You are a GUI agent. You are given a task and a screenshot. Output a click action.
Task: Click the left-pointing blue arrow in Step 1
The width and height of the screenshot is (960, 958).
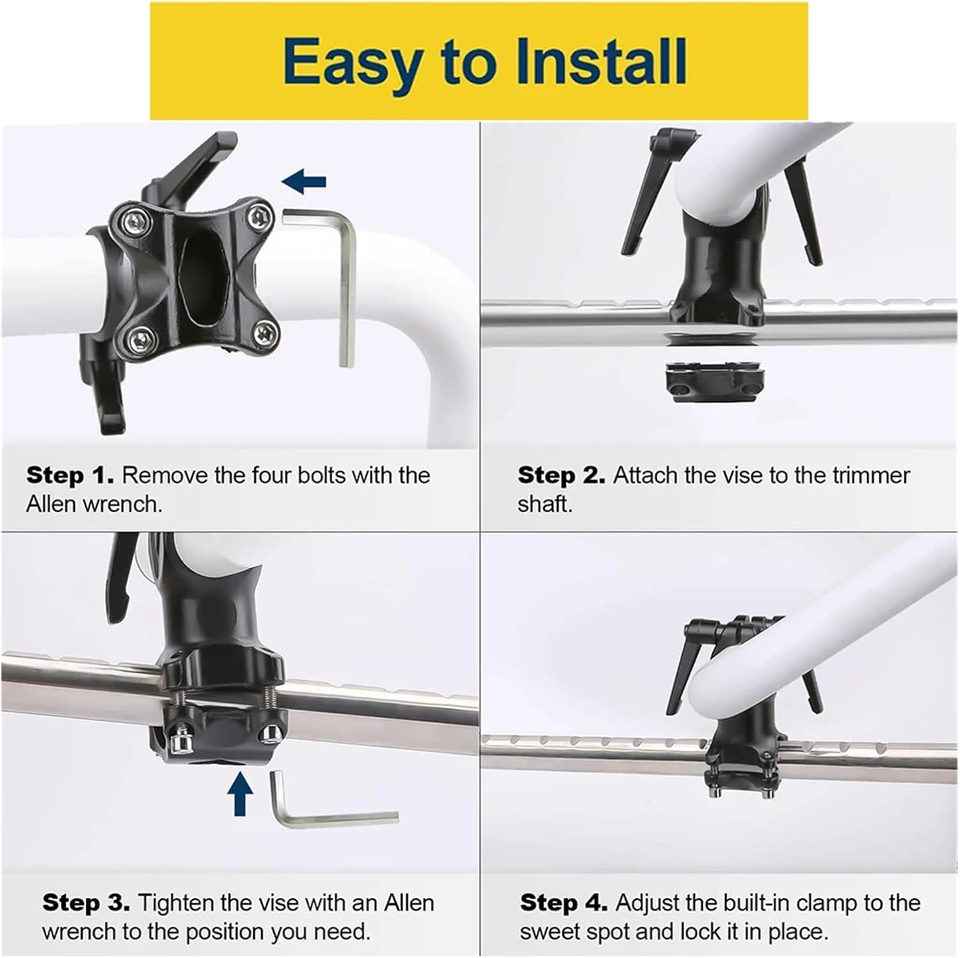pyautogui.click(x=305, y=182)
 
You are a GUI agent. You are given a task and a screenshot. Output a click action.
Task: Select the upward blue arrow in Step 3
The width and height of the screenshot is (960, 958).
pyautogui.click(x=241, y=792)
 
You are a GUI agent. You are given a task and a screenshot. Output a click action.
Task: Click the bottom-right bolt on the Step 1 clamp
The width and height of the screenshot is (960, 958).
pyautogui.click(x=264, y=333)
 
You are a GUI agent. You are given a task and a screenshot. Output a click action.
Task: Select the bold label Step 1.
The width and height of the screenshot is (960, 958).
pyautogui.click(x=69, y=475)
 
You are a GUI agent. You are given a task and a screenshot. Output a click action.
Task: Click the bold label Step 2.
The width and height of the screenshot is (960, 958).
pyautogui.click(x=561, y=475)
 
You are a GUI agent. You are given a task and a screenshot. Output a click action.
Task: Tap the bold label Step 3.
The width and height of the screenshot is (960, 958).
pyautogui.click(x=86, y=903)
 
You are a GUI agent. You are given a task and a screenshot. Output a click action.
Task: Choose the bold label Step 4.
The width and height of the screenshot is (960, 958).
pyautogui.click(x=563, y=903)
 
